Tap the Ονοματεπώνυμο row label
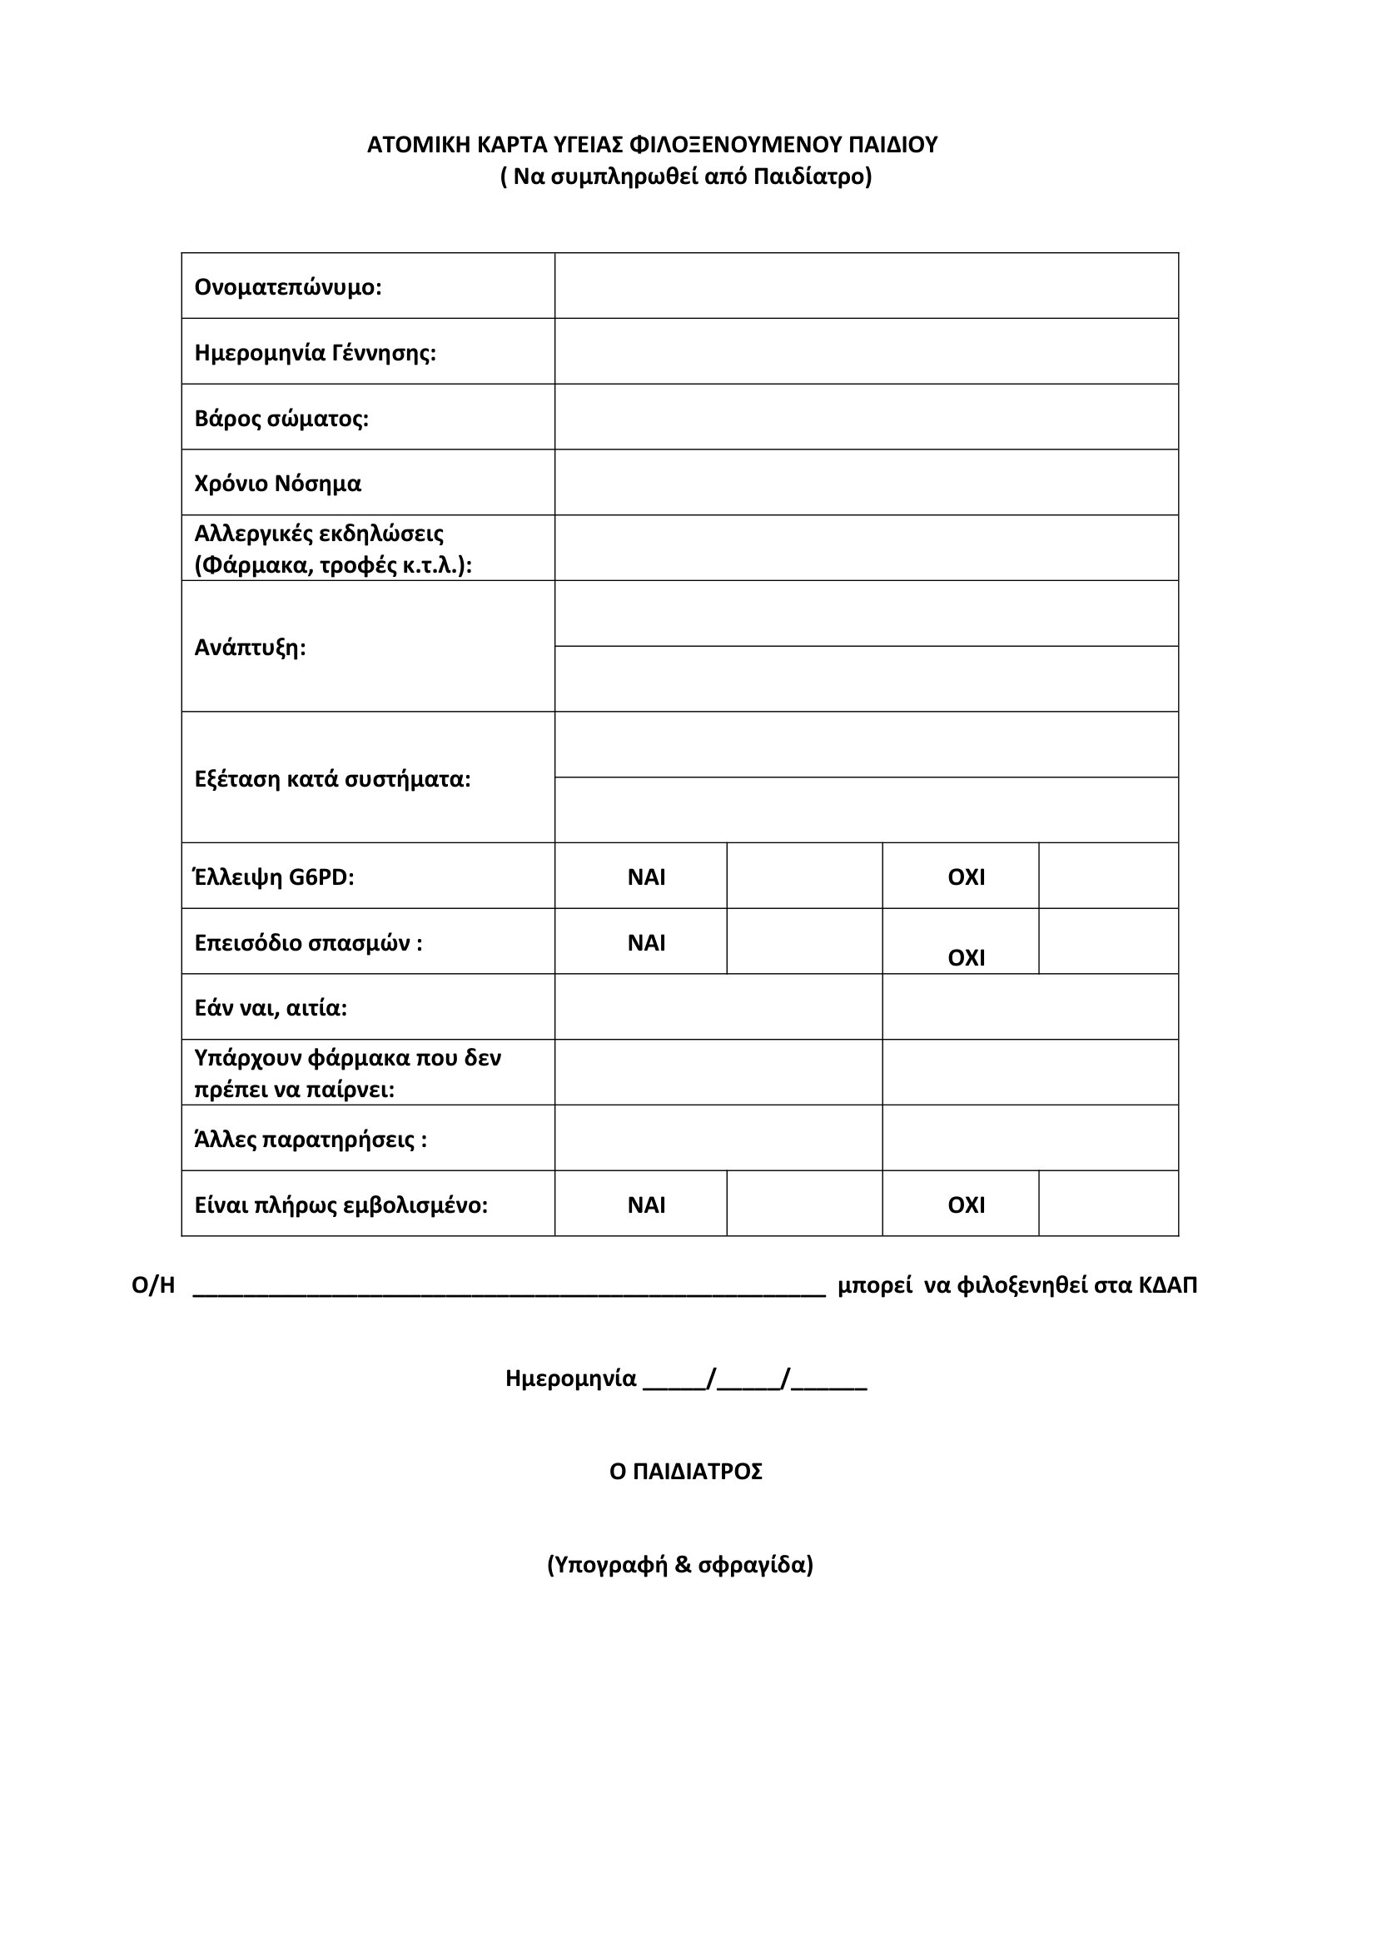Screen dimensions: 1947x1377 point(288,287)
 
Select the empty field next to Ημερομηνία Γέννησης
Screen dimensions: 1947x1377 point(866,352)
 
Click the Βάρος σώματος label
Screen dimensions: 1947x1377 point(281,419)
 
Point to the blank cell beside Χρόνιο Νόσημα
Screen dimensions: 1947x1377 point(866,483)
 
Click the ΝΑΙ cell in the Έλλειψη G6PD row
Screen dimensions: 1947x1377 point(646,877)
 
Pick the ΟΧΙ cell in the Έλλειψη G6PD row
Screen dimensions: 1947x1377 point(966,877)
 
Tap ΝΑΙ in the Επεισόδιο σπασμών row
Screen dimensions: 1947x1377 point(646,943)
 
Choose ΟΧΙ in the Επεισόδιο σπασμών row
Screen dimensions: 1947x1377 point(966,957)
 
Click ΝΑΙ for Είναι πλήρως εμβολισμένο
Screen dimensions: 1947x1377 point(646,1205)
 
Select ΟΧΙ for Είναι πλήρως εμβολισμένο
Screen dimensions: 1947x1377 point(966,1205)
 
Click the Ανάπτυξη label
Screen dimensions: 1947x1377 point(250,648)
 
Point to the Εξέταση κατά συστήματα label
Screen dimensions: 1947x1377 point(332,778)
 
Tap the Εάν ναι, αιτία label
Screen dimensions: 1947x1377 point(271,1008)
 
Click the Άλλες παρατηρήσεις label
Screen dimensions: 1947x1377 point(311,1139)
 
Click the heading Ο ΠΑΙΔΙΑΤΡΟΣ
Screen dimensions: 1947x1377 point(686,1471)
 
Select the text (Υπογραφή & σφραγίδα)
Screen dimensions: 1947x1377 point(680,1565)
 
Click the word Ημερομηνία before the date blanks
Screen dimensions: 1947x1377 point(570,1378)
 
